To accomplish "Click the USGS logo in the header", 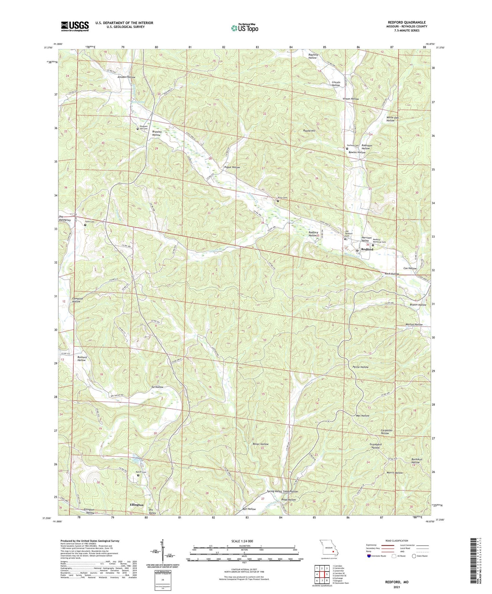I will [x=75, y=26].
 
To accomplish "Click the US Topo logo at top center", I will [x=244, y=28].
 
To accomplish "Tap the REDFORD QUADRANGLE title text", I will [x=407, y=22].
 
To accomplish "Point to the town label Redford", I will [x=367, y=249].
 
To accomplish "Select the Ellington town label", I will [x=137, y=505].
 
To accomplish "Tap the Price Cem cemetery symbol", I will [x=278, y=201].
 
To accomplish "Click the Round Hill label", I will [x=309, y=131].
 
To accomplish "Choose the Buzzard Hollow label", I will [x=82, y=359].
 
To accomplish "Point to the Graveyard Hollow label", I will [x=375, y=446].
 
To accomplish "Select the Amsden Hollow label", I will [x=126, y=77].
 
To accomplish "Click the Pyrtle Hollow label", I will [x=361, y=367].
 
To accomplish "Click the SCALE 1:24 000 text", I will [x=244, y=541].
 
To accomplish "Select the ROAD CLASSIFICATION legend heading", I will [x=397, y=541].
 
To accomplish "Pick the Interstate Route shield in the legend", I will [x=370, y=556].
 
